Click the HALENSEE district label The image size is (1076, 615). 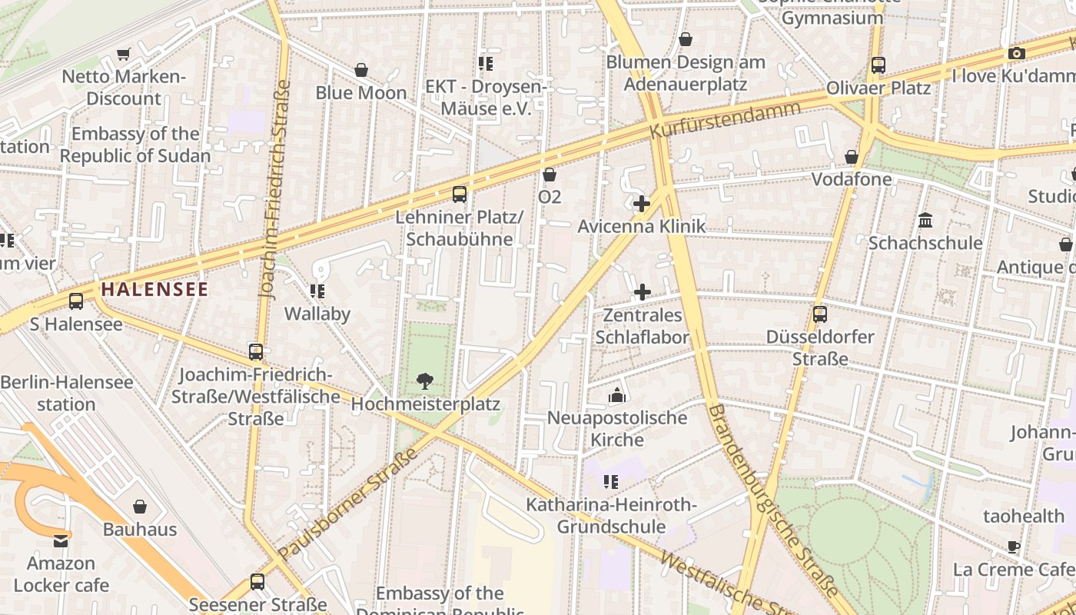(x=154, y=290)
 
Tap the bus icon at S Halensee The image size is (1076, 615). (x=75, y=301)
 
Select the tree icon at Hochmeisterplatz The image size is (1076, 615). (x=423, y=381)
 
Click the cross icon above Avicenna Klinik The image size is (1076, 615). (x=642, y=204)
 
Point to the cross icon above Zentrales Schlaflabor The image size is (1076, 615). (x=642, y=292)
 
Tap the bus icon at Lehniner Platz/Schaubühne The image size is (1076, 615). (x=460, y=194)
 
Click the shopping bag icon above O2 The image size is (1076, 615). (x=549, y=175)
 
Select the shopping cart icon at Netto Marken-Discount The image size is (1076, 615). (x=123, y=54)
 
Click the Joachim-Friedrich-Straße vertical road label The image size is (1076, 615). (x=274, y=189)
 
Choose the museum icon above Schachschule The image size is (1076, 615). (x=925, y=221)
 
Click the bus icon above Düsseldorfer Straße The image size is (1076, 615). (x=820, y=314)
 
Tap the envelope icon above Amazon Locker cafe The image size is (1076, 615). (x=61, y=540)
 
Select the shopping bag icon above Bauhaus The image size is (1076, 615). (x=140, y=507)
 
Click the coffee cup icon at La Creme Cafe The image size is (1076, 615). (x=1014, y=547)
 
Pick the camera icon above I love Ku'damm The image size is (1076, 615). (x=1016, y=53)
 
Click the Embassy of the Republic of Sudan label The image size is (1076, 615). (x=135, y=145)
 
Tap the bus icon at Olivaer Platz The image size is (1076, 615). (x=878, y=65)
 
